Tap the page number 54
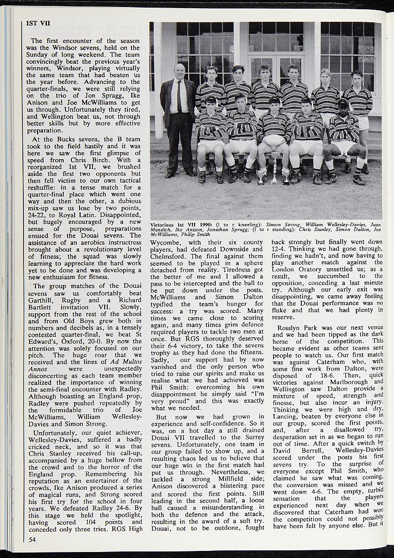pos(32,539)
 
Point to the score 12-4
pos(281,248)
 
